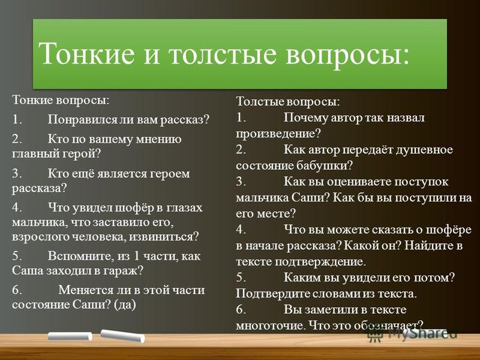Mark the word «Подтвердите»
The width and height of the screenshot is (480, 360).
269,293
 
